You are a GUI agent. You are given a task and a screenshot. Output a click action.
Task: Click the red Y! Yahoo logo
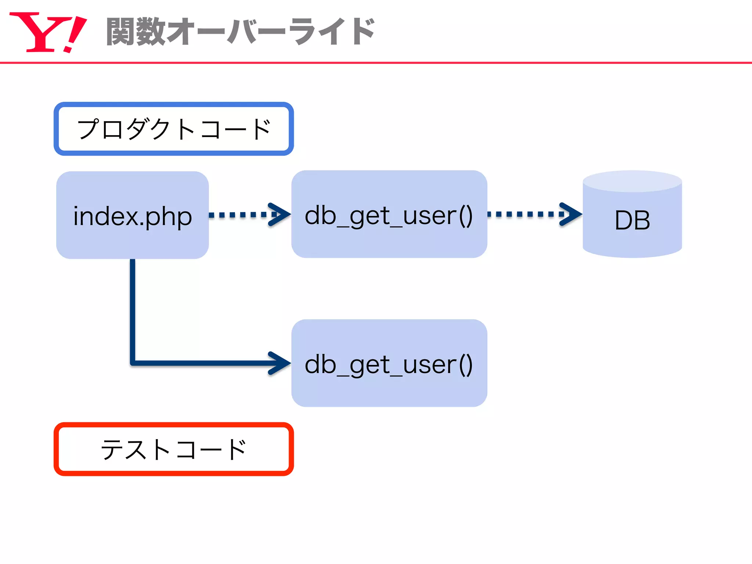point(48,32)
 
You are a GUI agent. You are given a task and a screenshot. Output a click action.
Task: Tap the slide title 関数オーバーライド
point(241,32)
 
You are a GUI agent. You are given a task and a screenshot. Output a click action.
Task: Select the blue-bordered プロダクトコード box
point(174,129)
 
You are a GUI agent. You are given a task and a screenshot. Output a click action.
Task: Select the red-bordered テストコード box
point(174,449)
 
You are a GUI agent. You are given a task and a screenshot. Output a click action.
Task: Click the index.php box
point(133,216)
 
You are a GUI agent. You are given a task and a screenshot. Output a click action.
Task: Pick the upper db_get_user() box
point(389,214)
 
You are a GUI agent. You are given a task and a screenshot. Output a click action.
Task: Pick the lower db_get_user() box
point(389,364)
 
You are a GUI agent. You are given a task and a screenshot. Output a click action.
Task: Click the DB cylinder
point(632,220)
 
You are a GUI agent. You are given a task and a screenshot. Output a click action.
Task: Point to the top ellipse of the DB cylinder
point(632,181)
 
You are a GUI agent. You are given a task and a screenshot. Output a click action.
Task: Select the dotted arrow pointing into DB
point(529,214)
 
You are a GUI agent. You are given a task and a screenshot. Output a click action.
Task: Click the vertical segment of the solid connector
point(133,308)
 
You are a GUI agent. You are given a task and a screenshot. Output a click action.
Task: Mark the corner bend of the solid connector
point(133,363)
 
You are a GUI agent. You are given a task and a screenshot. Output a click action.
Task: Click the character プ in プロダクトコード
point(88,129)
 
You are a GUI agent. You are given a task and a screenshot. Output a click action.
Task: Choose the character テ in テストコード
point(112,449)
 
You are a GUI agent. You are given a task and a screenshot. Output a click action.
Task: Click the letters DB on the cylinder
point(632,220)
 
